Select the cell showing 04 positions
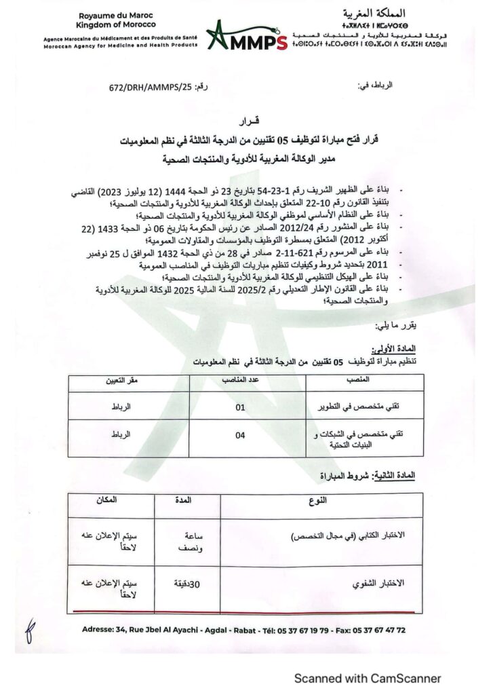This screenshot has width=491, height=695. [240, 436]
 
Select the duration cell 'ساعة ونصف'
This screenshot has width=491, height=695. [181, 541]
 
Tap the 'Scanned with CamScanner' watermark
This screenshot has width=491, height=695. [366, 678]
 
